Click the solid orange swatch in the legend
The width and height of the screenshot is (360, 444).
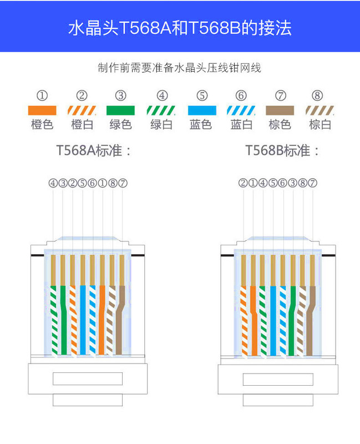click(42, 110)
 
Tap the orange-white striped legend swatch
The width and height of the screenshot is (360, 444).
click(82, 110)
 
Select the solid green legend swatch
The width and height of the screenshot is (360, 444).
click(121, 110)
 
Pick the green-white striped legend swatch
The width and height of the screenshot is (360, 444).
click(161, 110)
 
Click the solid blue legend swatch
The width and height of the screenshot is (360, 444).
click(201, 110)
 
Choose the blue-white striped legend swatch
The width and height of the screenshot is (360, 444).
click(241, 110)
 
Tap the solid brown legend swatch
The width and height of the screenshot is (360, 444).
click(280, 110)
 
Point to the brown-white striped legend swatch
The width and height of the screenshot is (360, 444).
click(320, 110)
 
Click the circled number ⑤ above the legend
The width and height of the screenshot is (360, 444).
click(201, 95)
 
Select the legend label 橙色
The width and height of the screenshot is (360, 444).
click(42, 124)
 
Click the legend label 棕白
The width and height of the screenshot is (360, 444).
click(320, 124)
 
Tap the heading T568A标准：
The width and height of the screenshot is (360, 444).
click(94, 150)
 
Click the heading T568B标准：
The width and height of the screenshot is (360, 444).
click(283, 150)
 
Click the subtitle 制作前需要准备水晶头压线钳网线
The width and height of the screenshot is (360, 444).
click(180, 68)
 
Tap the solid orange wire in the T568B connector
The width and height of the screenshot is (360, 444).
click(253, 322)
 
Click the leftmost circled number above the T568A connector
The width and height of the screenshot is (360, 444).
click(53, 183)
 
